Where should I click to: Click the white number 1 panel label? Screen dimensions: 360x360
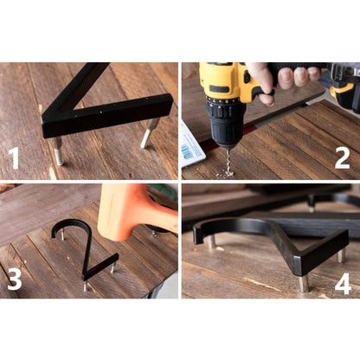point(13,158)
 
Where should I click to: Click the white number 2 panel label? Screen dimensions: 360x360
point(342,158)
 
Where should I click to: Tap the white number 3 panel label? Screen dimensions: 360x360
point(15,280)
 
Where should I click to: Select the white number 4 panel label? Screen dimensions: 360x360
point(343,284)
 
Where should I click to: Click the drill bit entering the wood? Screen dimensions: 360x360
point(229,160)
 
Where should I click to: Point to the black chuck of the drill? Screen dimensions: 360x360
point(226,123)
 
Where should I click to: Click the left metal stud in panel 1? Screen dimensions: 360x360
point(58,151)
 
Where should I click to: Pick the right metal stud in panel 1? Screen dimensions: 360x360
point(149,133)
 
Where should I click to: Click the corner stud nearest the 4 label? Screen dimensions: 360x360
point(304,283)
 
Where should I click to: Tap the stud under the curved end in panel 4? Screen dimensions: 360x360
point(212,241)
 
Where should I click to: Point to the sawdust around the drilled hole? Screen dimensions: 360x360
point(227,174)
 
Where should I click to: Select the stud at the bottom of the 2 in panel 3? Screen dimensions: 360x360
point(86,286)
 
